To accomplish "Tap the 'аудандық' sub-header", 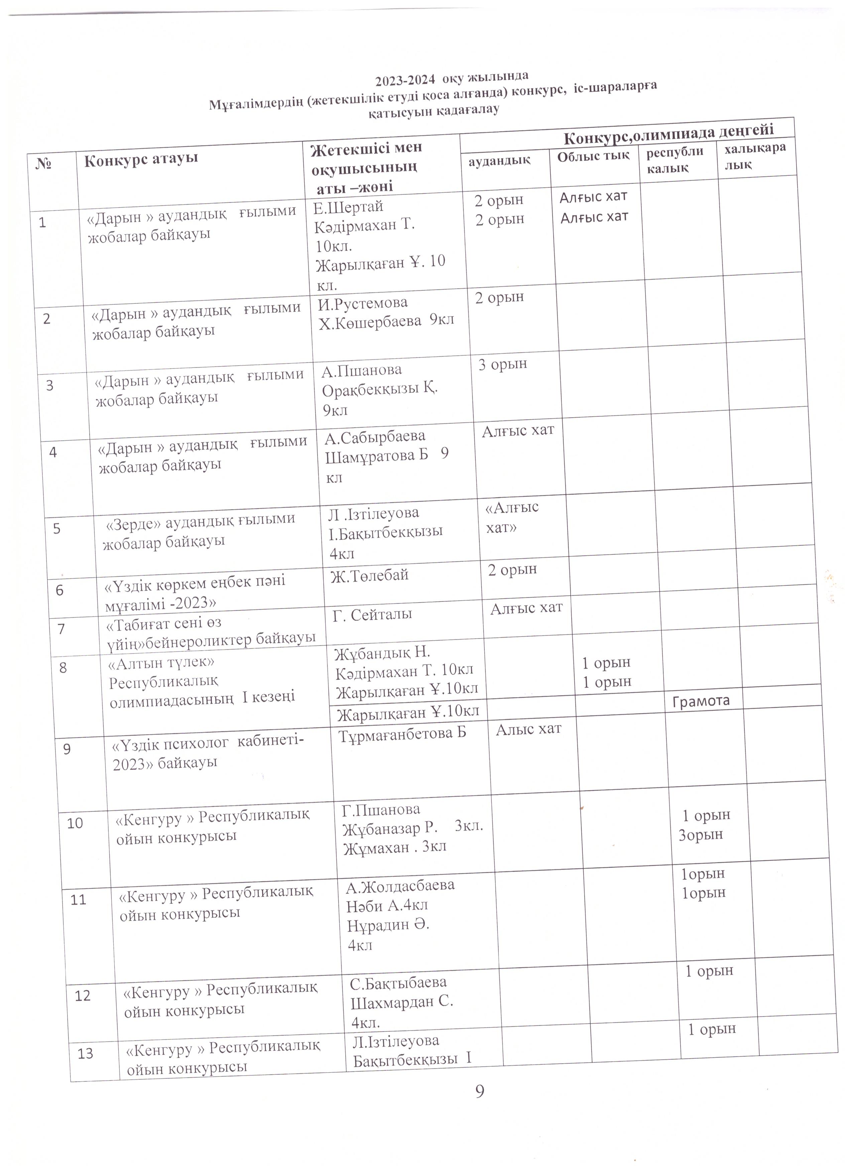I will tap(499, 160).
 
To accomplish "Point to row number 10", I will tap(75, 823).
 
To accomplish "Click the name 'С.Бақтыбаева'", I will tap(398, 982).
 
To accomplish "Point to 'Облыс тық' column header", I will tap(593, 155).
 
